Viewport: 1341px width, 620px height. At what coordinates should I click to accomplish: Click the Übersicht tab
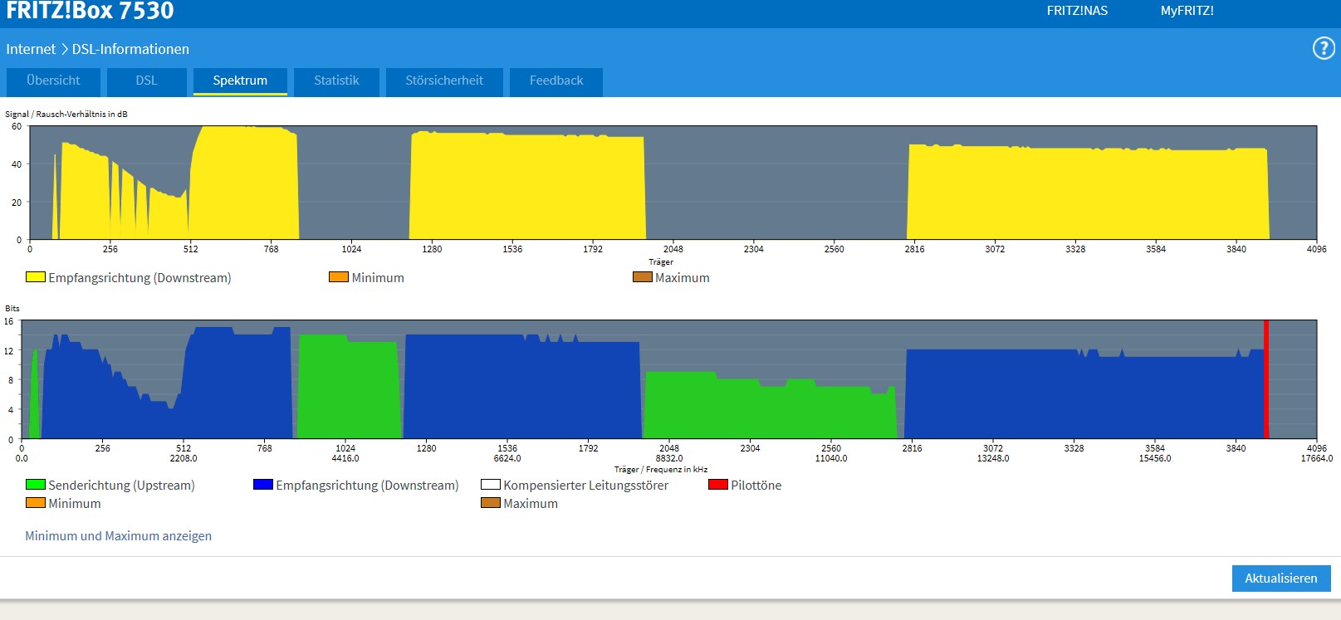tap(53, 81)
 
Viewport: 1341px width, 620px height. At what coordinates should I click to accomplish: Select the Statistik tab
tap(336, 81)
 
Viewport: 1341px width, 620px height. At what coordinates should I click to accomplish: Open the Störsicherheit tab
tap(444, 81)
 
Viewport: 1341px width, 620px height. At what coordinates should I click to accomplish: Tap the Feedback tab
tap(556, 81)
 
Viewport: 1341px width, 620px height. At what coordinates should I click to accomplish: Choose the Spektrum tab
tap(240, 81)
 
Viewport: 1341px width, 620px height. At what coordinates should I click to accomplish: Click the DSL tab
tap(146, 81)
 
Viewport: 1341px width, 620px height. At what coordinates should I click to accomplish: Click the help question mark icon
tap(1323, 48)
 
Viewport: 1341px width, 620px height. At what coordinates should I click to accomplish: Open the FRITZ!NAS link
tap(1077, 11)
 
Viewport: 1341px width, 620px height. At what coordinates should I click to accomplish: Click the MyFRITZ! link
tap(1187, 11)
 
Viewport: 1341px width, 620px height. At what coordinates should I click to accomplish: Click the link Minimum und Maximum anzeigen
tap(118, 536)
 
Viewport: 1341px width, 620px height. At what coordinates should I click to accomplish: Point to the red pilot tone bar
tap(1266, 379)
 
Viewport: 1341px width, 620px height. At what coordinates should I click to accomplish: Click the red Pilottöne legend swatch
tap(717, 485)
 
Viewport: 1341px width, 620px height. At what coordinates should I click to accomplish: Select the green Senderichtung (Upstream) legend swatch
tap(35, 485)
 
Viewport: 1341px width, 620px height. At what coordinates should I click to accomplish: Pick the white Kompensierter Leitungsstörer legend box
tap(490, 485)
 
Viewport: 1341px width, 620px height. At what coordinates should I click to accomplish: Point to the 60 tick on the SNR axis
tap(17, 127)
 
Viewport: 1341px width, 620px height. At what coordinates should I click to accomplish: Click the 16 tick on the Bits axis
tap(9, 321)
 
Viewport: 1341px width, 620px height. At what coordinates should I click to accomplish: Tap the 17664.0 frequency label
tap(1316, 458)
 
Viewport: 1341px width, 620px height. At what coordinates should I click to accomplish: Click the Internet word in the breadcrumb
tap(31, 49)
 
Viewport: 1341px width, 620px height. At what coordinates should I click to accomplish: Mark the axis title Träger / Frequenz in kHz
tap(661, 470)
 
